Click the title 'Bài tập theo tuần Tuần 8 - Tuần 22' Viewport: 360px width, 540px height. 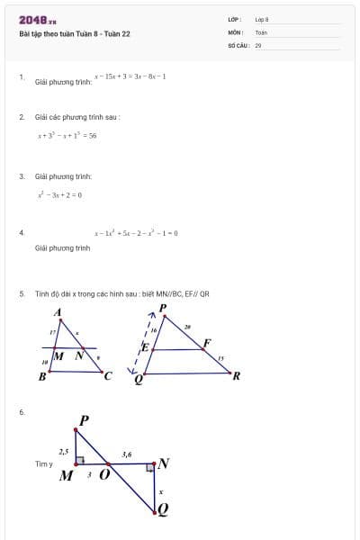75,34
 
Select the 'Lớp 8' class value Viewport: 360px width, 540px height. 262,19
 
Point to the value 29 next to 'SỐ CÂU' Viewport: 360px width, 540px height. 258,43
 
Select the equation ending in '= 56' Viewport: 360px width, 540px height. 67,136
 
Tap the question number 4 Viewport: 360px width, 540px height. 21,232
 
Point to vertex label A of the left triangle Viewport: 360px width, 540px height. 58,312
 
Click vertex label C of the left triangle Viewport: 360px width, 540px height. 108,376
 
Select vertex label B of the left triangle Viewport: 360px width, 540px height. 41,377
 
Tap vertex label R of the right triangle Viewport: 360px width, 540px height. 236,376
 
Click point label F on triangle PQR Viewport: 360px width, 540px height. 207,343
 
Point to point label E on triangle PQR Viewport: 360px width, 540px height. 144,347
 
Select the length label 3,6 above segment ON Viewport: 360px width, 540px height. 127,455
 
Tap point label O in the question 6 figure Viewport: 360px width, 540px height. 104,475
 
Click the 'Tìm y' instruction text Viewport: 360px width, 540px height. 44,464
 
